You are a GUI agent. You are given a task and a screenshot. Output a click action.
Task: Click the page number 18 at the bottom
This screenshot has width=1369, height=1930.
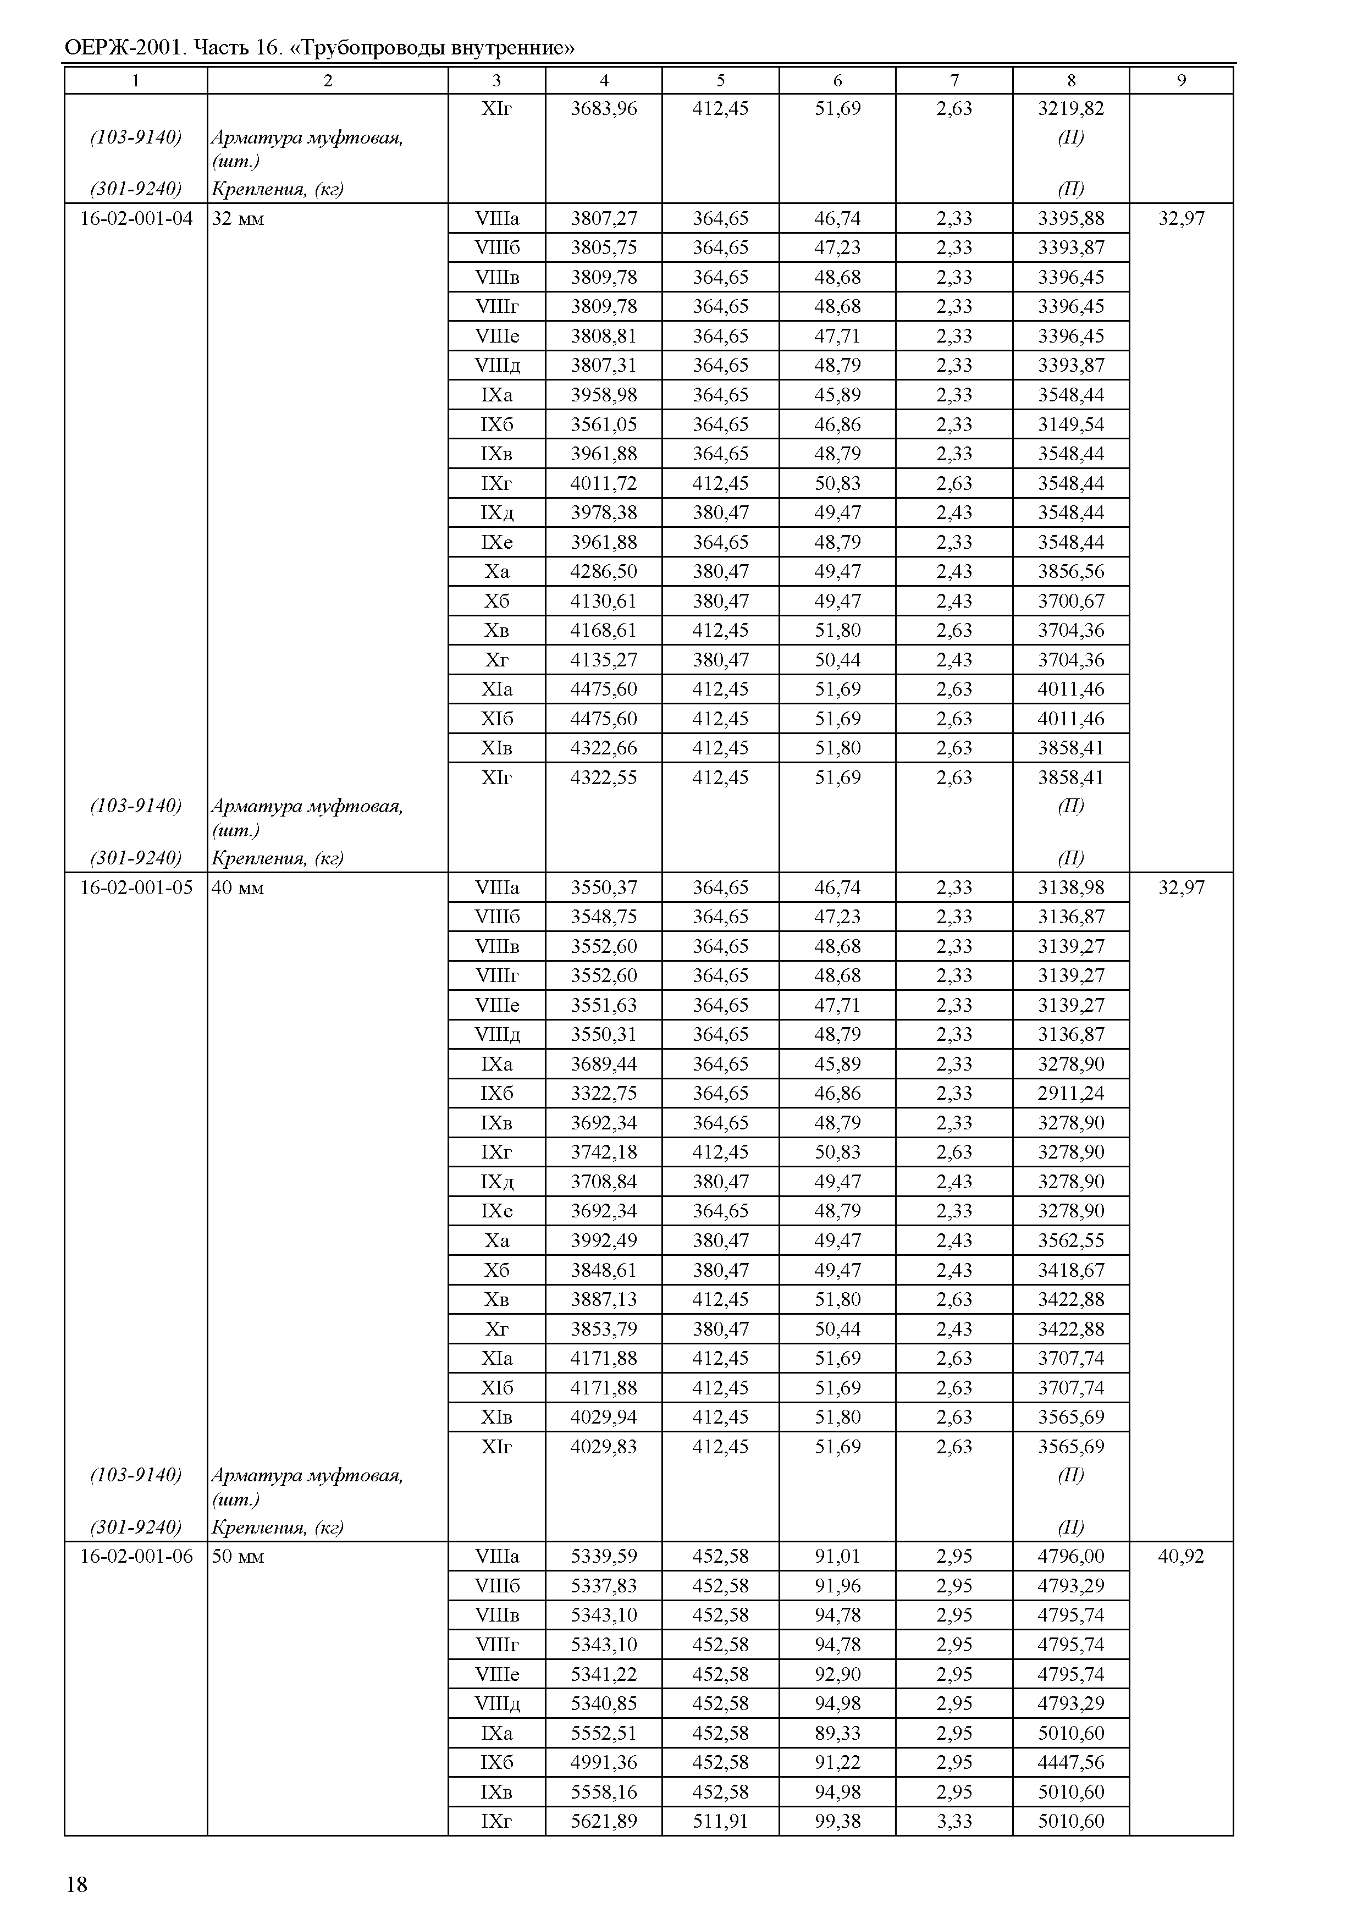point(76,1884)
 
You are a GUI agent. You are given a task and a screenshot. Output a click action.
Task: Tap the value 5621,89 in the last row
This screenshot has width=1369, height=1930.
point(604,1821)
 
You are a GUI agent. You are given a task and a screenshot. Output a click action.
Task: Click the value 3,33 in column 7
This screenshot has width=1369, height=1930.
point(954,1821)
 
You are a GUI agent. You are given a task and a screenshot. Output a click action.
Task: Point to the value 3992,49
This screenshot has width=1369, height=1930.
point(604,1241)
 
